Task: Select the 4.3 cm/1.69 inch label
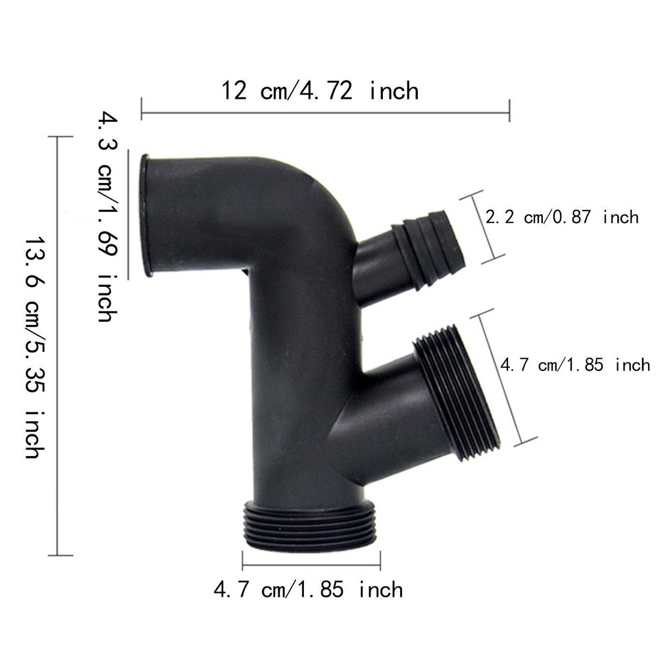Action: (x=106, y=217)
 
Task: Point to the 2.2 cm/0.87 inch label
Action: (x=561, y=217)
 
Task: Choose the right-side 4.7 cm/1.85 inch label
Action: (x=574, y=364)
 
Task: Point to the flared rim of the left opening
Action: (x=145, y=215)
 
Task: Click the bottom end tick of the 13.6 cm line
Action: (x=61, y=555)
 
